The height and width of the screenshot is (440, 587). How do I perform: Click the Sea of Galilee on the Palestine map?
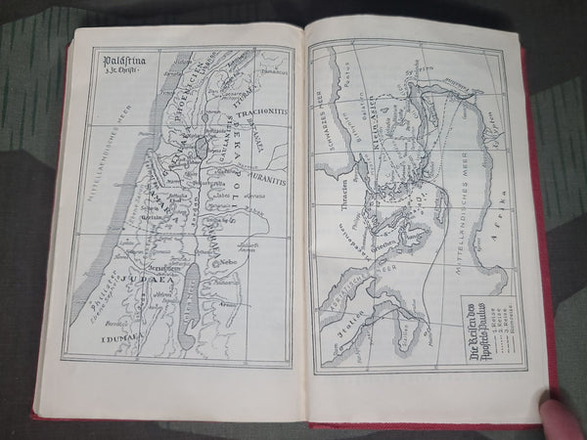[x=201, y=148]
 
